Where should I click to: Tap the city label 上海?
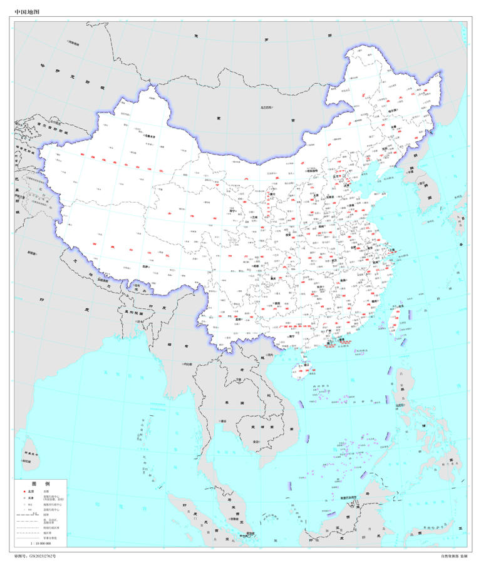[x=394, y=249]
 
